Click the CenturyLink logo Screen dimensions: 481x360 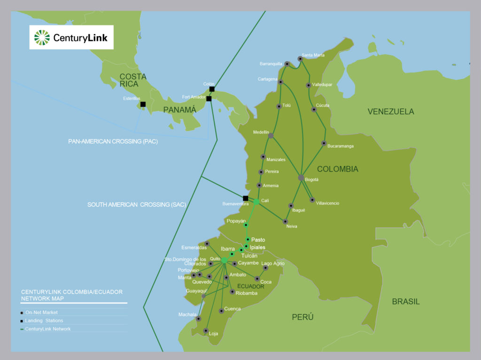pos(71,37)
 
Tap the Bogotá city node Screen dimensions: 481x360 pos(301,178)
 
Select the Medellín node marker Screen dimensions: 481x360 pos(271,135)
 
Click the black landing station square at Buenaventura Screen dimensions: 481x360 pos(245,198)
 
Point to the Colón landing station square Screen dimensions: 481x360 pos(212,89)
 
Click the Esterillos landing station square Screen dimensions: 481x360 pos(143,104)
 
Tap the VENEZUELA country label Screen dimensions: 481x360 pos(391,111)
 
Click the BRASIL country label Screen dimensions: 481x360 pos(406,302)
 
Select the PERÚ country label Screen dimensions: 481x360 pos(303,317)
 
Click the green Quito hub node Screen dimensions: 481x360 pos(224,260)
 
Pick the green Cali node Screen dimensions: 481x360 pos(256,202)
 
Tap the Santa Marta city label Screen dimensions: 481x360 pos(313,55)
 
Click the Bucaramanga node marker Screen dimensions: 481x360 pos(324,143)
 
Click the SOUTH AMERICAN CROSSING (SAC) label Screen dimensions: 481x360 pos(137,204)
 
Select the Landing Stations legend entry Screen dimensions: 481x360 pos(44,321)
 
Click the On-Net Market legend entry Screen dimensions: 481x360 pos(42,312)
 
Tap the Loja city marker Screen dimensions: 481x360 pos(205,331)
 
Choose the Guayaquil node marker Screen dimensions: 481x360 pos(203,296)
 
